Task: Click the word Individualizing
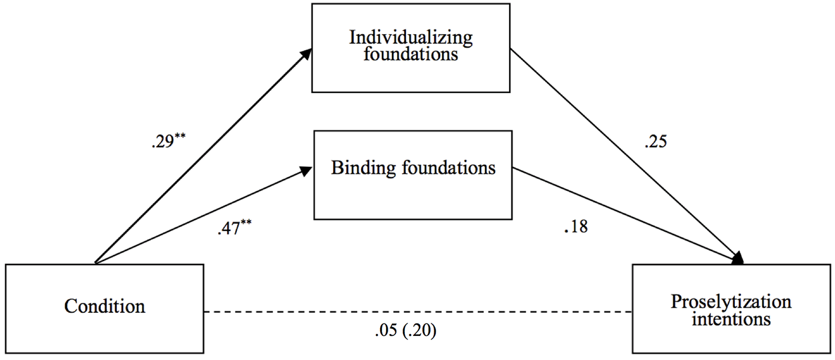coord(411,38)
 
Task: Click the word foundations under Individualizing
coord(411,54)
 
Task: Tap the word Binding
coord(364,169)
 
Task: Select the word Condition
coord(105,306)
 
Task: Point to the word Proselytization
coord(731,302)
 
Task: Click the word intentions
coord(731,319)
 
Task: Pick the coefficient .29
coord(163,143)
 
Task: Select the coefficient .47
coord(229,228)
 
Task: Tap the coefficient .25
coord(655,142)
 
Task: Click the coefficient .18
coord(576,227)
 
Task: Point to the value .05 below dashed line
coord(386,331)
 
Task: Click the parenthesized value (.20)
coord(420,331)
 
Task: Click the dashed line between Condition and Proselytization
coord(418,312)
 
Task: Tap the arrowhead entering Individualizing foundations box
coord(306,54)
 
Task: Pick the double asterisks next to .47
coord(246,223)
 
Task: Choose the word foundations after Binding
coord(449,168)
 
